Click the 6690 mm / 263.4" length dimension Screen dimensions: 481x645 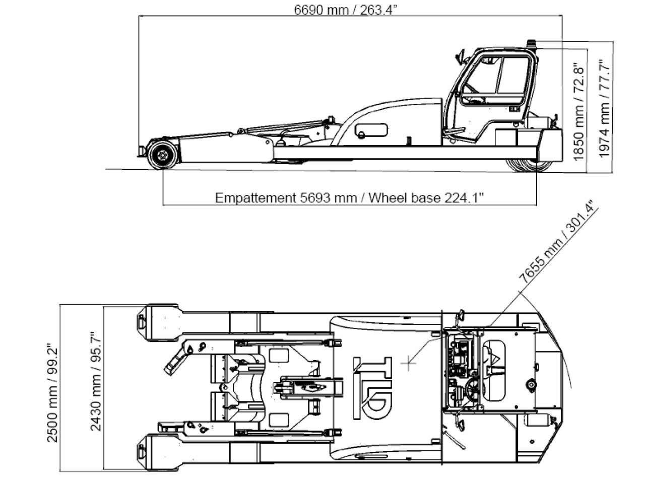point(346,10)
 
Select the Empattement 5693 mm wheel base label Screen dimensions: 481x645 point(349,197)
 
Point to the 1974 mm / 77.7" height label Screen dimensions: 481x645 point(604,108)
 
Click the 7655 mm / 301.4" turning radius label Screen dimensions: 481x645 point(557,242)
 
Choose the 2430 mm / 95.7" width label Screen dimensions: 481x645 point(95,381)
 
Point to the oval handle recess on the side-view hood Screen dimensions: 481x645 point(371,130)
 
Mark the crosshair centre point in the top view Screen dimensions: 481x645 point(409,362)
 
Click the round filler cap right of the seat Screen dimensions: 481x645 point(530,385)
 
